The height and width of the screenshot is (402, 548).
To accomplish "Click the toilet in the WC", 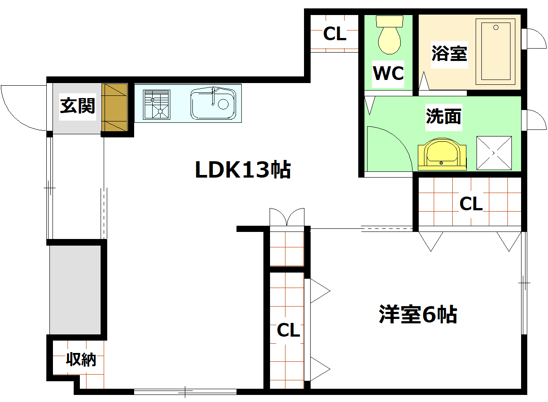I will [389, 36].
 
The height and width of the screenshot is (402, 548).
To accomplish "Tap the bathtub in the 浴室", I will [495, 51].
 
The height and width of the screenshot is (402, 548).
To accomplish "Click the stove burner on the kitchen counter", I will [156, 104].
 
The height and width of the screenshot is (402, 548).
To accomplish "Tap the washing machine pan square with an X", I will [494, 153].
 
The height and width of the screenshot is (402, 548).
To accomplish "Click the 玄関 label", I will [78, 106].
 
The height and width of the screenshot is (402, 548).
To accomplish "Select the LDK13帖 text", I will [243, 170].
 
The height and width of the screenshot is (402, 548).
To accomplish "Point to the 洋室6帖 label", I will [418, 315].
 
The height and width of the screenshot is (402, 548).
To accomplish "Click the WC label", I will [388, 74].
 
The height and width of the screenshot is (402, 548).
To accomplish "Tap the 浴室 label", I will [449, 54].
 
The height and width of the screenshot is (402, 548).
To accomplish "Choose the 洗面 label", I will [443, 117].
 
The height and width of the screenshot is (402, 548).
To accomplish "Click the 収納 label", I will [81, 360].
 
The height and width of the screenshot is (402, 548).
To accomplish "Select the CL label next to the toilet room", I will [335, 34].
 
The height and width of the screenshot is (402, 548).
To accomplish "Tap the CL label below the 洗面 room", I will [471, 204].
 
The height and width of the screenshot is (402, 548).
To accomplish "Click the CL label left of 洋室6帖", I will [288, 330].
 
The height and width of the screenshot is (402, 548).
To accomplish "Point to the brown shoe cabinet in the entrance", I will [115, 107].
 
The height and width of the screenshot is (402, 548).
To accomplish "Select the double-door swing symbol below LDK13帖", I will [287, 217].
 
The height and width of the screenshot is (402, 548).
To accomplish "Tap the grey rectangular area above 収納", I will [75, 289].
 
